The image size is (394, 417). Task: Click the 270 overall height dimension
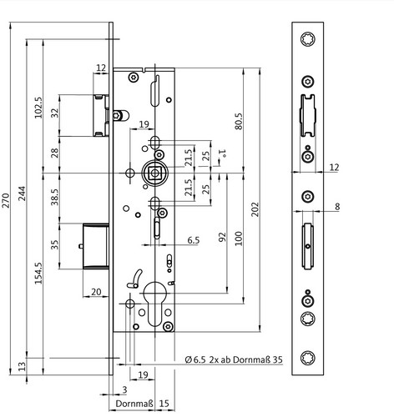[6, 200]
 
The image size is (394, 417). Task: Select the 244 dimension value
[22, 193]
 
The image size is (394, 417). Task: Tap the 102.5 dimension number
[38, 108]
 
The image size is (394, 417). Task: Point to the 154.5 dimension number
[38, 273]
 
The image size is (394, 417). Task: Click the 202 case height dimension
[255, 209]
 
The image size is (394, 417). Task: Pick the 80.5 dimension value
[239, 121]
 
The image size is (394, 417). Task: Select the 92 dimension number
[222, 237]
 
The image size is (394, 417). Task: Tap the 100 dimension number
[239, 239]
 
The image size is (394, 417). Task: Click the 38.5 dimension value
[55, 197]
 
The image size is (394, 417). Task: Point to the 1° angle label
[222, 153]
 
